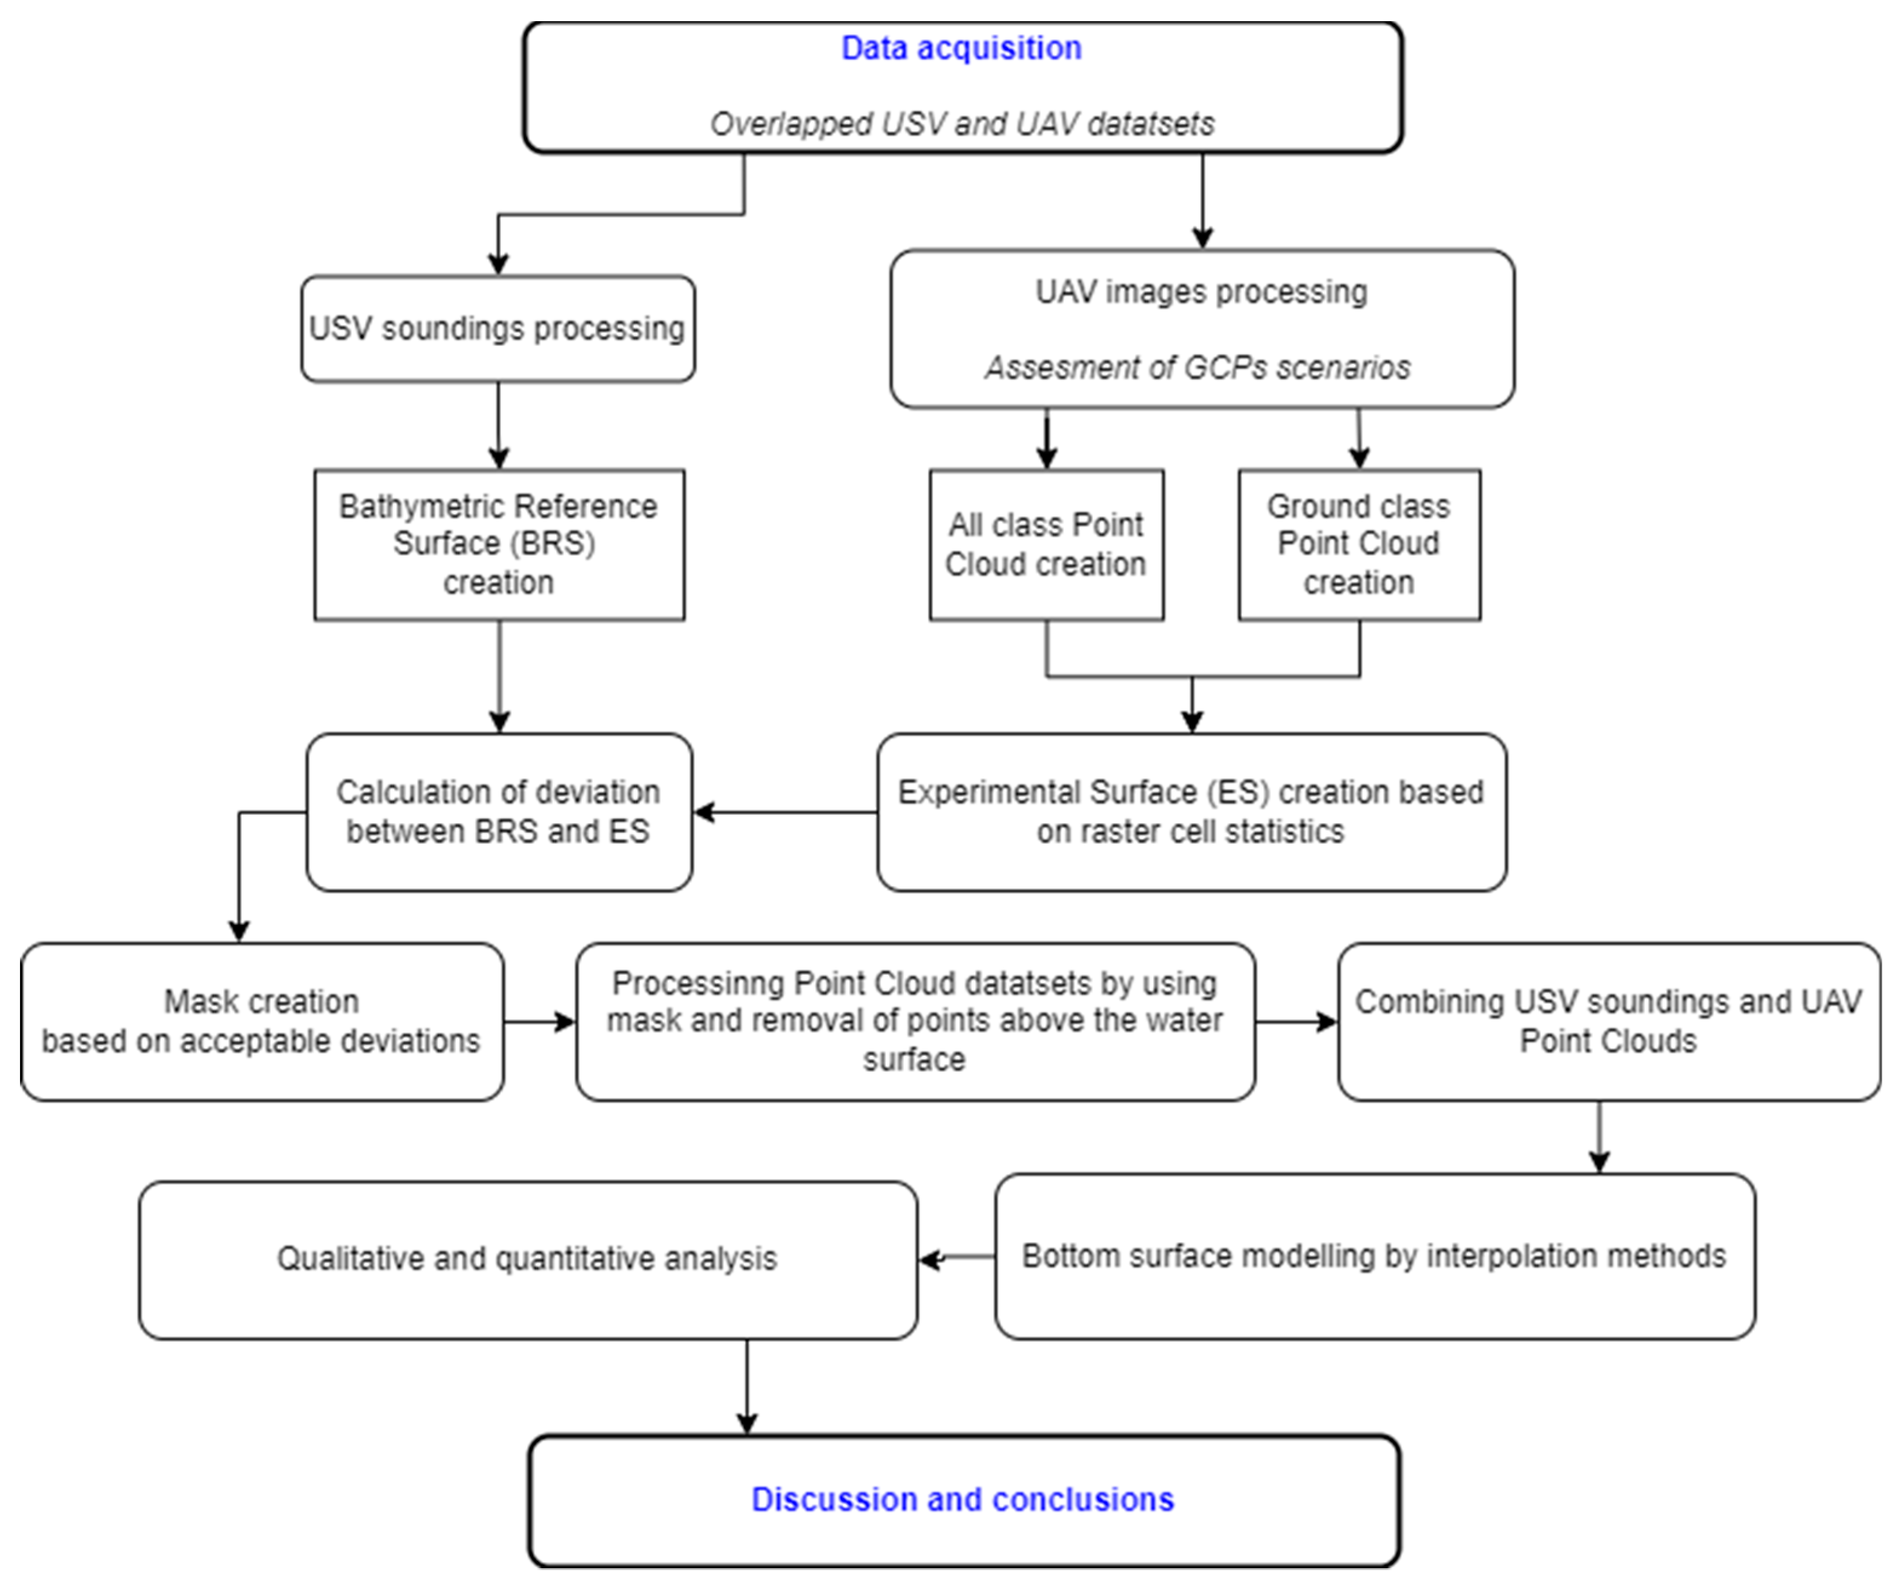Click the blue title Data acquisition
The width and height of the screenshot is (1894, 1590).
coord(961,48)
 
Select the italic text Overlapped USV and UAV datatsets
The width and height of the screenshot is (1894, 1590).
coord(961,123)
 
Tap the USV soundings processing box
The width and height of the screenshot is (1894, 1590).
coord(497,328)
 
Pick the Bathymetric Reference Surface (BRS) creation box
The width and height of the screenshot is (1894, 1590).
coord(499,544)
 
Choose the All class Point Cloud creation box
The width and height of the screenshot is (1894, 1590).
coord(1045,544)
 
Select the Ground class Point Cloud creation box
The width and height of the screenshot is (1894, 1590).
coord(1358,544)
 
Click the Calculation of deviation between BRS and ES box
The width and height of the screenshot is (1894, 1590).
coord(499,811)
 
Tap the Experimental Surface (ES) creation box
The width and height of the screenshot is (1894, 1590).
coord(1191,811)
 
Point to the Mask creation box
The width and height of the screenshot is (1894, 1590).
coord(261,1021)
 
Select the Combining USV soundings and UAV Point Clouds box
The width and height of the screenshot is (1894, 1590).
coord(1608,1021)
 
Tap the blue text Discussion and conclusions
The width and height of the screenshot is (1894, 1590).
coord(962,1499)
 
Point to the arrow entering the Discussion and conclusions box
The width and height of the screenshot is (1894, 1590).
coord(747,1389)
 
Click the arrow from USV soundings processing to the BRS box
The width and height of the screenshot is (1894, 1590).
coord(499,424)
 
